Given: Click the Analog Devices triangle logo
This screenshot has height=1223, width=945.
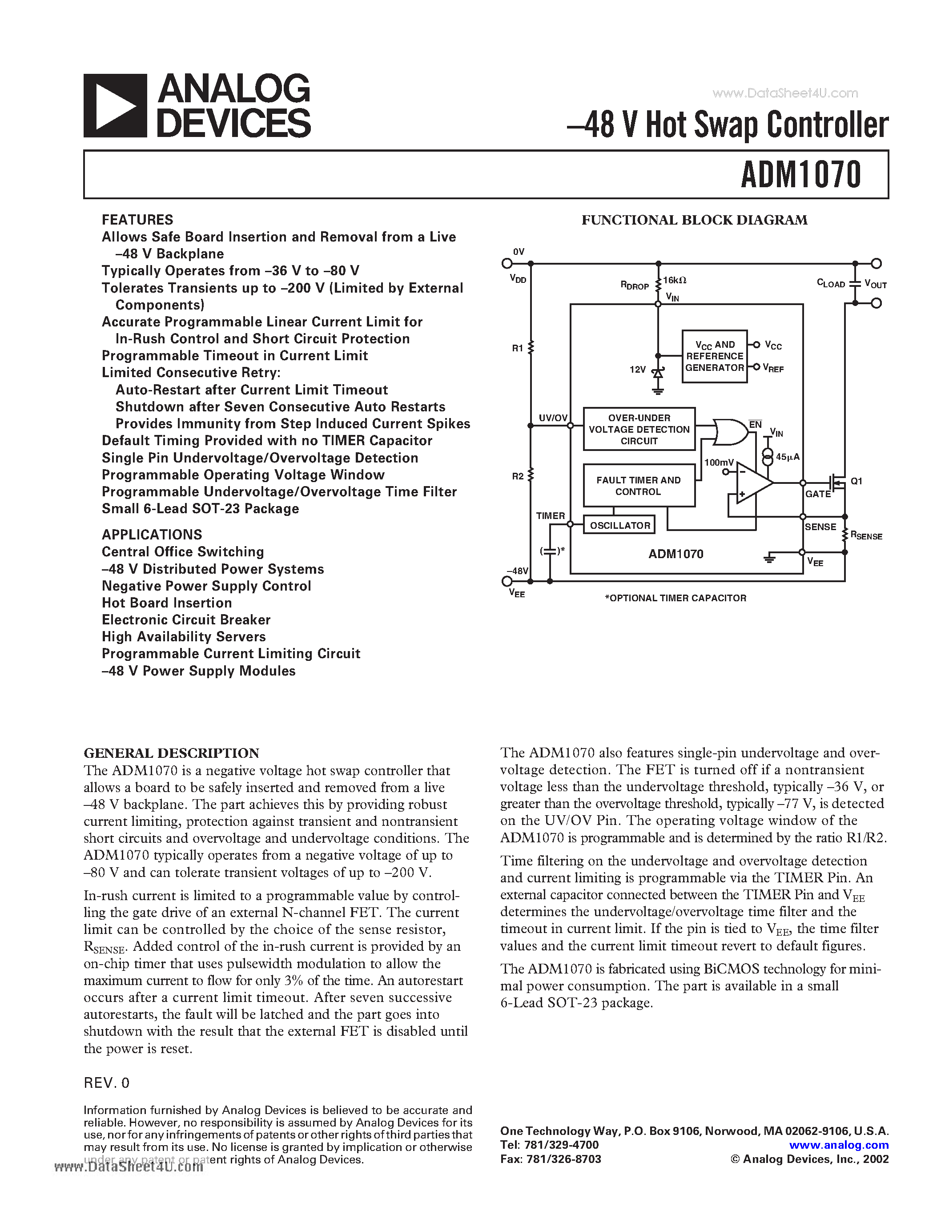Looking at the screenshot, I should click(115, 106).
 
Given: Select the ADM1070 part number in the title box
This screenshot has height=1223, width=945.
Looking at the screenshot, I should click(800, 175).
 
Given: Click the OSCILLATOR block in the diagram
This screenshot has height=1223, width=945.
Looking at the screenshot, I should click(619, 525).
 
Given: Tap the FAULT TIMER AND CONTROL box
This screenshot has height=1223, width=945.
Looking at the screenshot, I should click(639, 486).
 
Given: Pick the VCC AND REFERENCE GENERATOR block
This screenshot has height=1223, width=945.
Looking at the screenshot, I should click(714, 356).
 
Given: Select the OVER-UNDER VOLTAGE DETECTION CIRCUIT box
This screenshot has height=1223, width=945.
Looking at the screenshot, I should click(639, 430).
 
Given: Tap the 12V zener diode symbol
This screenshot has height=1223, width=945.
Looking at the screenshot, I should click(658, 372).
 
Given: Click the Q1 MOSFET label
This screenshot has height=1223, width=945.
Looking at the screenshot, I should click(857, 481).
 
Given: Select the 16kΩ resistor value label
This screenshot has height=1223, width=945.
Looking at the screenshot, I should click(675, 280).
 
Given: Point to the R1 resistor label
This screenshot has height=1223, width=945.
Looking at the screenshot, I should click(517, 348).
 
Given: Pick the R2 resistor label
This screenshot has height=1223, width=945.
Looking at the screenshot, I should click(517, 476).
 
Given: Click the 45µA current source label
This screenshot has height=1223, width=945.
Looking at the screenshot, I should click(787, 457).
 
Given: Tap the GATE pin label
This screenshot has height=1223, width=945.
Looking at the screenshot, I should click(817, 494).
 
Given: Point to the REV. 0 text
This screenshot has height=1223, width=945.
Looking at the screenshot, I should click(106, 1083).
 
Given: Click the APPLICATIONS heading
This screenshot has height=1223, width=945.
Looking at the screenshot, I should click(152, 534).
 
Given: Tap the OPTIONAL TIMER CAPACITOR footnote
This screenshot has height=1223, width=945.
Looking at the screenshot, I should click(675, 598).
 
